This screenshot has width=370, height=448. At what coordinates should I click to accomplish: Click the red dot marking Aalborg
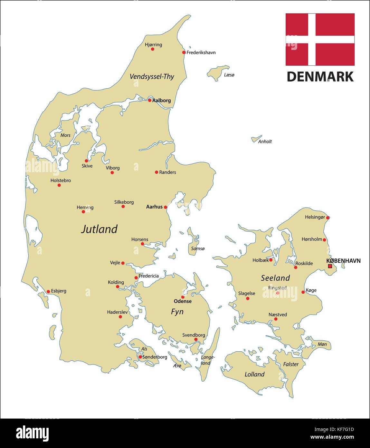150,100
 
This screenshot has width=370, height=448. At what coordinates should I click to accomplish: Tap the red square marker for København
330,266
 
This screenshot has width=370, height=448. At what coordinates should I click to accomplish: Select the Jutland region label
99,229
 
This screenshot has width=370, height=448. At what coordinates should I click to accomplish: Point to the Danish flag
320,39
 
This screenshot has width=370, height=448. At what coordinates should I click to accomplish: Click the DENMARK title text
320,77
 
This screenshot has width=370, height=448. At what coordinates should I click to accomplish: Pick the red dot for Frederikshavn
184,52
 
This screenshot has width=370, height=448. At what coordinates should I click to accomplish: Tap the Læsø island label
229,75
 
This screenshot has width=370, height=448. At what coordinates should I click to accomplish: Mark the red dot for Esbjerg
48,291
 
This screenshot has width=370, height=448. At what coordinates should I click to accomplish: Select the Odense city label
183,301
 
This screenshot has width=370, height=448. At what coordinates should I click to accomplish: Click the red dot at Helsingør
328,218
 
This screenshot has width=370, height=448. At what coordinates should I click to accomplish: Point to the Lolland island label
254,374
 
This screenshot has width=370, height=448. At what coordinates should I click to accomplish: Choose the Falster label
291,364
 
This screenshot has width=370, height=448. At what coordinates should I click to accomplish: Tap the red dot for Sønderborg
140,357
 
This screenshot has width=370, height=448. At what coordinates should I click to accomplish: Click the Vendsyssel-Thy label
152,76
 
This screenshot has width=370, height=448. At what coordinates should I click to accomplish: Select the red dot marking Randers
157,172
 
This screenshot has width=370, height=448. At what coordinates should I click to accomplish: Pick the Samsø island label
198,248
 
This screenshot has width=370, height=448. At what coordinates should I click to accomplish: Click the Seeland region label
275,278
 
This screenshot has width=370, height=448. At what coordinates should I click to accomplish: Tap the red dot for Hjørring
153,49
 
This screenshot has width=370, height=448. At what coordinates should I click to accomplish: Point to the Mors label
65,135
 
